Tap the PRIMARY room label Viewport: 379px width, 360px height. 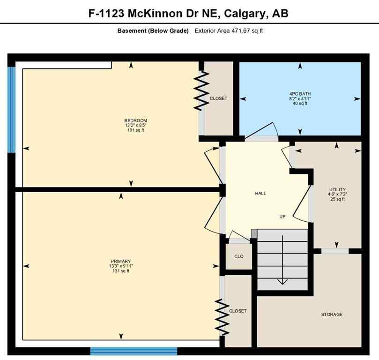120,261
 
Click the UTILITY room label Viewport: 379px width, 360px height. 337,189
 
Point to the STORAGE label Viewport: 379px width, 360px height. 331,314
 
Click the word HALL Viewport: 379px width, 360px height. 260,193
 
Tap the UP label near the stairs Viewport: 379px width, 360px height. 282,217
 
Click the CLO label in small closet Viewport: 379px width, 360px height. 239,256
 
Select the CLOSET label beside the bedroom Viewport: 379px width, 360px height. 218,98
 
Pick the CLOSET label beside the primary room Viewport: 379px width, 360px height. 238,311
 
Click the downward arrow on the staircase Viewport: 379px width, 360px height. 282,281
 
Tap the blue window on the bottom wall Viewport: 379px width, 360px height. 134,351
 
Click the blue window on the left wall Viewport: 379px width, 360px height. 11,110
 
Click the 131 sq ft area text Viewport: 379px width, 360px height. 120,271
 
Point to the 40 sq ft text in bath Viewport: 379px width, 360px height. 300,104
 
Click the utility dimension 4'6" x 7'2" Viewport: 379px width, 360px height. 337,194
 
